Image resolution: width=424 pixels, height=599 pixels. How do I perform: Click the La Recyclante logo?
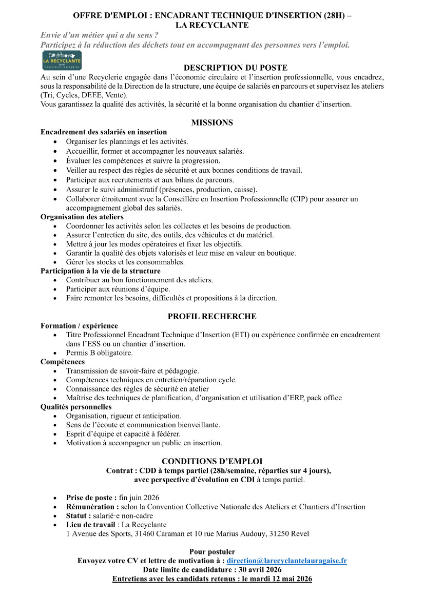(x=61, y=60)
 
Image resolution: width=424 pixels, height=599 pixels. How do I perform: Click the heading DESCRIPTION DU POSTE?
(x=236, y=68)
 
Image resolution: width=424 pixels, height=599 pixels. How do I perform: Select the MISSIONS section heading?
(x=212, y=122)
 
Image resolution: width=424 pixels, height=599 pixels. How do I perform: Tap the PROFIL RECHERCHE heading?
(x=212, y=316)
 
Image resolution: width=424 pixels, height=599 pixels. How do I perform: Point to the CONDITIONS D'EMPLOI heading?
(x=212, y=461)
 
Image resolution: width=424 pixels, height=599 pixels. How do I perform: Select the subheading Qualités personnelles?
(x=76, y=407)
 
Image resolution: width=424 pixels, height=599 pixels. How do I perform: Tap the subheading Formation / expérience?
(x=79, y=325)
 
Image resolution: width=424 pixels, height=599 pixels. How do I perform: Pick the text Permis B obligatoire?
(x=99, y=353)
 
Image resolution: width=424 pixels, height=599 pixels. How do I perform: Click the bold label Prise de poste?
(x=90, y=498)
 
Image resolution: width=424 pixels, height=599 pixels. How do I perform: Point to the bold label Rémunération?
(x=92, y=507)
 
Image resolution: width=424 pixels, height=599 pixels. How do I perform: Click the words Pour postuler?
(x=212, y=552)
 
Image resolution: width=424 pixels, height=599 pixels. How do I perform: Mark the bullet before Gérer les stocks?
(x=55, y=262)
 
